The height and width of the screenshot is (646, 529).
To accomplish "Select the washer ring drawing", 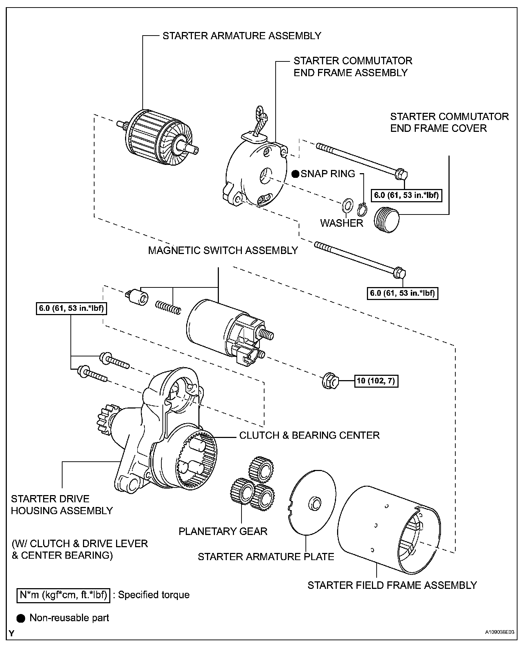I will point(347,206).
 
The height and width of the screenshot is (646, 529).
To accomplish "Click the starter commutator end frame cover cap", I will point(387,219).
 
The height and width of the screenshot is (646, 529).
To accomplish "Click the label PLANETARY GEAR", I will point(223,531).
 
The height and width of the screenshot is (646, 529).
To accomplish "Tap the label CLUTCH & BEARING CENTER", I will point(309,435).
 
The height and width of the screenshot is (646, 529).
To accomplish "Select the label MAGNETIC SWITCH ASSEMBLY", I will point(223,250).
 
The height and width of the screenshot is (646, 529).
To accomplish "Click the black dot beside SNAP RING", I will point(295,174).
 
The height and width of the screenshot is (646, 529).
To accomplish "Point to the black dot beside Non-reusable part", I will point(21,618).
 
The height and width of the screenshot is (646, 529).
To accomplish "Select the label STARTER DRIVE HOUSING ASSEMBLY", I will point(62,504).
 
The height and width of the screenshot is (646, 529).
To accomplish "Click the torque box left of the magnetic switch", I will point(72,309).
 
